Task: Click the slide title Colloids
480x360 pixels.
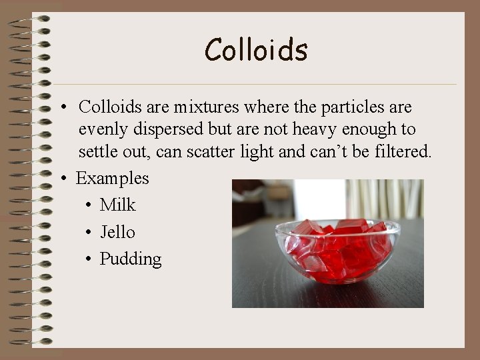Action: [256, 50]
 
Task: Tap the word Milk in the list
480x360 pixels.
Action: [117, 205]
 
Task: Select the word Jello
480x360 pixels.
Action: [117, 232]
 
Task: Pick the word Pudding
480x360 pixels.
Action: [131, 259]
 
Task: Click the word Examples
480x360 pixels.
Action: [113, 178]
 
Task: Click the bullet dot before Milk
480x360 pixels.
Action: [89, 206]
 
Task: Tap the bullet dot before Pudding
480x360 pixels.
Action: [89, 260]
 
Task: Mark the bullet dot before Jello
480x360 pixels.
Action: [89, 233]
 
